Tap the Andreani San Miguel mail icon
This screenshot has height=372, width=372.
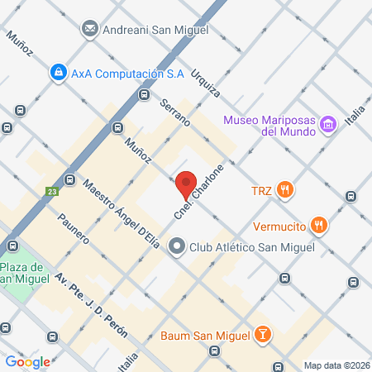tap(90, 30)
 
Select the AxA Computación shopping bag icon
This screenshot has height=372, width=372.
tap(58, 74)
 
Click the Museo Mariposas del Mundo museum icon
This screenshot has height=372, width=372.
tap(329, 125)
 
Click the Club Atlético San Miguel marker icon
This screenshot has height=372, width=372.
tap(177, 246)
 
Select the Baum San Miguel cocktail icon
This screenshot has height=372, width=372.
tap(263, 334)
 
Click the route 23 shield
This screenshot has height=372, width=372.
tap(52, 191)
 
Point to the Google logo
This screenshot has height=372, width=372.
tap(27, 361)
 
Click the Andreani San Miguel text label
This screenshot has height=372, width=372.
tap(155, 30)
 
